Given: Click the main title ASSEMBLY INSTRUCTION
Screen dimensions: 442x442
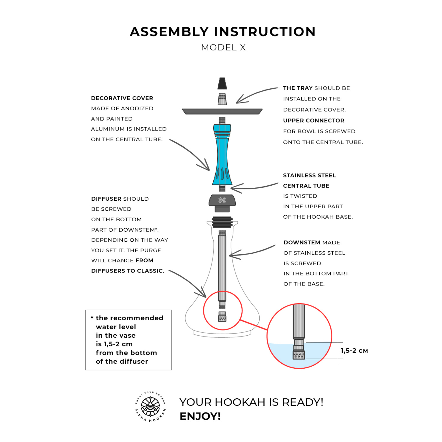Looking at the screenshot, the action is click(222, 32).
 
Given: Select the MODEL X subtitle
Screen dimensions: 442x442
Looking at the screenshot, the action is click(223, 47).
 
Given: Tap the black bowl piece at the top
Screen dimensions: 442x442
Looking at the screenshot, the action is click(222, 83).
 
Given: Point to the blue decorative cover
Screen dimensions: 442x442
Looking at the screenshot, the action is click(222, 155).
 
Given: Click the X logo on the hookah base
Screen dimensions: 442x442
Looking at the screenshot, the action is click(222, 200).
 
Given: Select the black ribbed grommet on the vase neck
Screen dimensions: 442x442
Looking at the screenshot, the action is click(222, 222).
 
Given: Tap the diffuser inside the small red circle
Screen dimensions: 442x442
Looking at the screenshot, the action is click(222, 317).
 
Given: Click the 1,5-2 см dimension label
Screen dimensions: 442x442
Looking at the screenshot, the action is click(354, 351).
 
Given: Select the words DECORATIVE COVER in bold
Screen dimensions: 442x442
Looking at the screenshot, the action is click(122, 98).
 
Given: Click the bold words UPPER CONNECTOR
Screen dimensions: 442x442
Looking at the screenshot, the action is click(314, 121).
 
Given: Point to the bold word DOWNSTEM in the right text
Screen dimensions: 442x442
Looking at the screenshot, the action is click(302, 243).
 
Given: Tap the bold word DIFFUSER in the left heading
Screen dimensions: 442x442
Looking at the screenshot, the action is click(106, 199).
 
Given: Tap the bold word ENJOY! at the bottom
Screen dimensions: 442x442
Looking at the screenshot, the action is click(200, 416).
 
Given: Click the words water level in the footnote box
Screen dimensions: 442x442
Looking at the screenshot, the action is click(116, 327).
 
